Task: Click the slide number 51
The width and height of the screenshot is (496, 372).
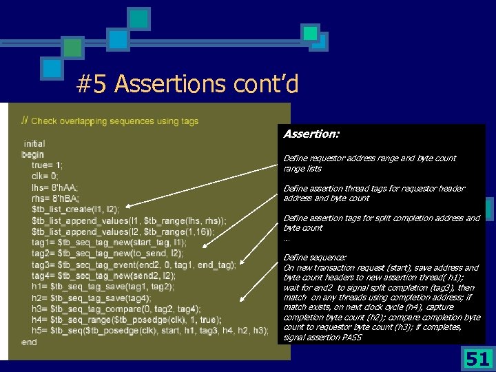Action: [x=477, y=358]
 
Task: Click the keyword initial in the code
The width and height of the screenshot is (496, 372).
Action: [x=34, y=144]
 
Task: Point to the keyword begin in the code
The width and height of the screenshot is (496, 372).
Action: [x=32, y=154]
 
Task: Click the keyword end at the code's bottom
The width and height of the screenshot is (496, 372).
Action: [x=29, y=342]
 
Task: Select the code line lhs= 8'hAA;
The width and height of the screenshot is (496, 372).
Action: [x=54, y=187]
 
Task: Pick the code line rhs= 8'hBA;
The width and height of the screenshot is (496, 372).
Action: [x=54, y=198]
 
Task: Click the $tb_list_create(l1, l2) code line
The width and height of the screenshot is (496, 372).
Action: [x=75, y=209]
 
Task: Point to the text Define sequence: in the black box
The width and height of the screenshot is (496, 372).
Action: [x=315, y=257]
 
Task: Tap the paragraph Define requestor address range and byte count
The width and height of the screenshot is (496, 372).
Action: [x=369, y=163]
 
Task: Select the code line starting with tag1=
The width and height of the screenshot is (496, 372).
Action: [x=109, y=242]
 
